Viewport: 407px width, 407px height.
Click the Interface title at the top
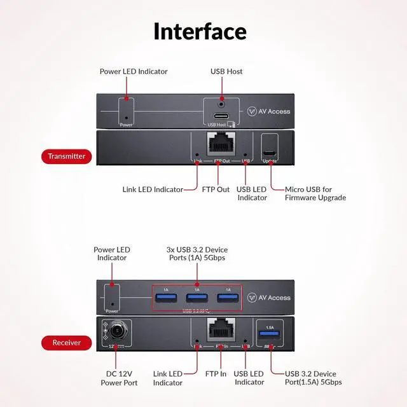click(200, 31)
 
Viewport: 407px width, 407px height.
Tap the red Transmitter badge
click(67, 156)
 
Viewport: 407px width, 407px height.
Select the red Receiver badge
click(66, 343)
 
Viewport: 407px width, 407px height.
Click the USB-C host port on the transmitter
click(221, 116)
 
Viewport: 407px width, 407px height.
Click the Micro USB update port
click(270, 154)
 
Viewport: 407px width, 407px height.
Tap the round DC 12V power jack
click(118, 331)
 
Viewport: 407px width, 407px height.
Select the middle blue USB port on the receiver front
click(197, 298)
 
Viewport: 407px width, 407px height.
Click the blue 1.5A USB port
click(270, 335)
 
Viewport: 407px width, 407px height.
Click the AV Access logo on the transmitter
click(270, 111)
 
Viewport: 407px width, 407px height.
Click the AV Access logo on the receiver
click(270, 298)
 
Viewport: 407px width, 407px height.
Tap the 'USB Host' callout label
click(226, 72)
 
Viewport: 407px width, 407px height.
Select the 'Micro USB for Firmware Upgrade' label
click(315, 193)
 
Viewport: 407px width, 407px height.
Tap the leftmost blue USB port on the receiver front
click(166, 298)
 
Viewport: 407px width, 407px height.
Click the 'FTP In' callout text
click(216, 374)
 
